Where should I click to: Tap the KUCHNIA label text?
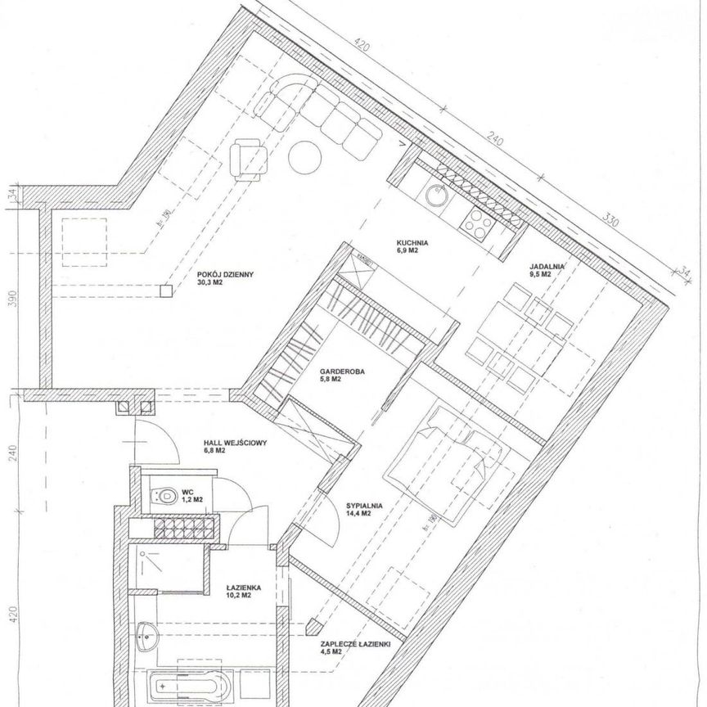click(x=412, y=243)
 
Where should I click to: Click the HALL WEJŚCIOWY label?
click(x=235, y=446)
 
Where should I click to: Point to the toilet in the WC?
click(x=165, y=493)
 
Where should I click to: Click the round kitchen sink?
click(x=435, y=196)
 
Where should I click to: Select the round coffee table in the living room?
click(x=308, y=157)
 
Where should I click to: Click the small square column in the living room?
click(x=166, y=290)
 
